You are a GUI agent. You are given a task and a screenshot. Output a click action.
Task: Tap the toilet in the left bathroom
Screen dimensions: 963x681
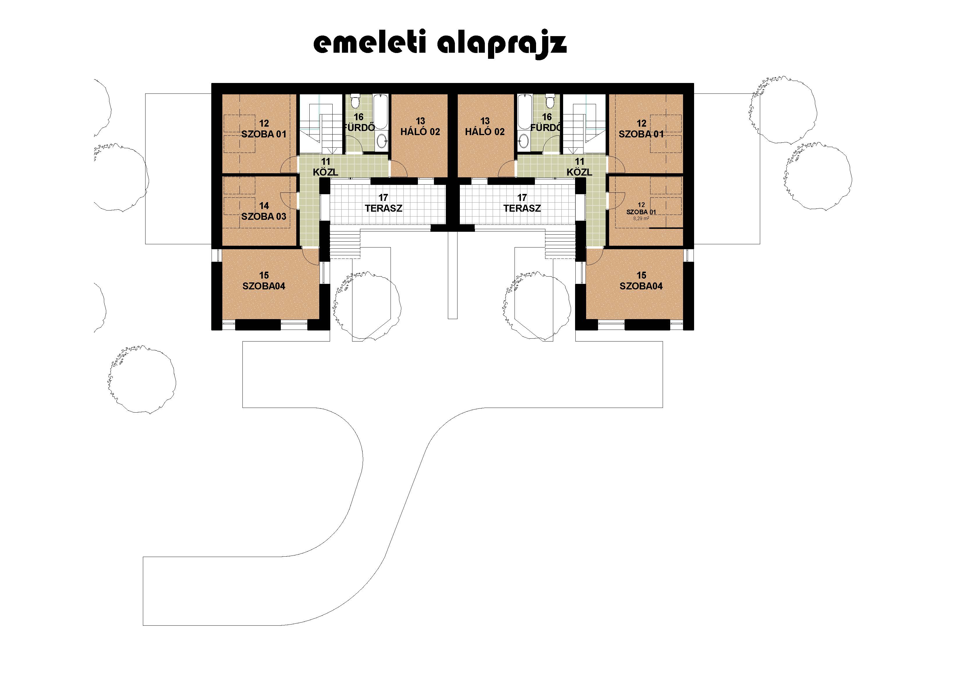(x=354, y=101)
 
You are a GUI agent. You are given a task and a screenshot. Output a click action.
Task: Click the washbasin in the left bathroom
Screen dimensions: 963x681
(x=382, y=141)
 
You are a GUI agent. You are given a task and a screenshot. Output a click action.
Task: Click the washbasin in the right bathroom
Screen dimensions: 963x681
(x=524, y=141)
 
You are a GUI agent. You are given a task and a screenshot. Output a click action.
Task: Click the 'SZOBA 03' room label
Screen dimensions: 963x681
(x=264, y=217)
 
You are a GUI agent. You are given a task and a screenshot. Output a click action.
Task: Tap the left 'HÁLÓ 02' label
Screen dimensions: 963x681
(x=420, y=132)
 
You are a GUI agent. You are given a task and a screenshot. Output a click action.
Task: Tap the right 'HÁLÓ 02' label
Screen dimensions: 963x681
(x=485, y=132)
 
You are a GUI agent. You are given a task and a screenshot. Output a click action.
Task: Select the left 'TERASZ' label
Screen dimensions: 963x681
(x=383, y=208)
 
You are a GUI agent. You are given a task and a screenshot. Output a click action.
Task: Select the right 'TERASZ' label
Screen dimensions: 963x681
(x=522, y=208)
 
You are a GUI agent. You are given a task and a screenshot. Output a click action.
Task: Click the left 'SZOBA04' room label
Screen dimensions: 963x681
(x=264, y=286)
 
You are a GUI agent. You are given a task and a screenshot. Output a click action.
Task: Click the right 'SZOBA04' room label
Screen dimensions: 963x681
(x=641, y=286)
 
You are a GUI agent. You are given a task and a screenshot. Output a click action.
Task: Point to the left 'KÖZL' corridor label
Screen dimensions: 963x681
(x=325, y=172)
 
